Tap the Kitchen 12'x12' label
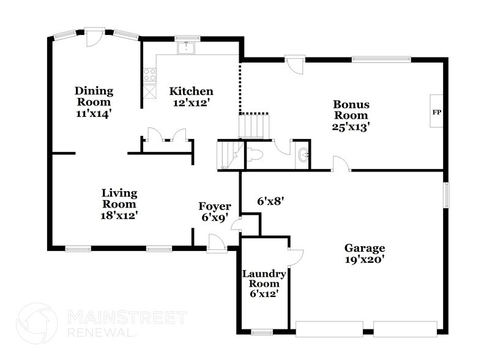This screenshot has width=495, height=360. (x=192, y=97)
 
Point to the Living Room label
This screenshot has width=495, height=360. (x=119, y=204)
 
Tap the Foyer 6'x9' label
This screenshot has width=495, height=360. (x=214, y=211)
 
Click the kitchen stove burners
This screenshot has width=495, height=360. (x=149, y=75)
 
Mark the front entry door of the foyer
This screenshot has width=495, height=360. (x=215, y=246)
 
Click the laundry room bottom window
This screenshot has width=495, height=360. (x=262, y=332)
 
